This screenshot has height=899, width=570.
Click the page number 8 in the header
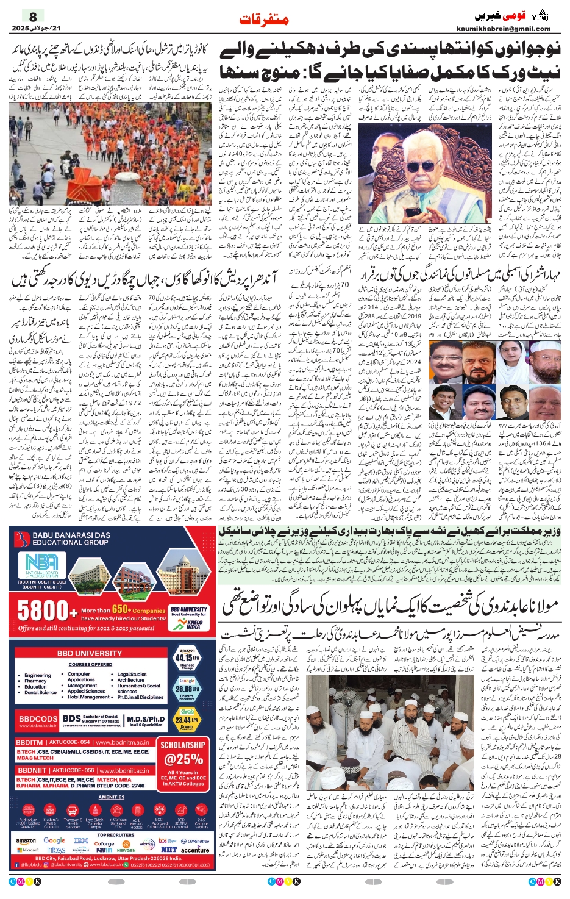33,16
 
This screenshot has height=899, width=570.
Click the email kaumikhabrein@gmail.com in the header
503,29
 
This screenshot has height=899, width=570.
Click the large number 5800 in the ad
43,611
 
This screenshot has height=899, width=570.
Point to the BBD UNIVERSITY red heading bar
90,653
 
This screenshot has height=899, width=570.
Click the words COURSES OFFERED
90,665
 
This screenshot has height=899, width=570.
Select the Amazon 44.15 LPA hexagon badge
187,659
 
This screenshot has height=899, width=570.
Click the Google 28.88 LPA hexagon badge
187,689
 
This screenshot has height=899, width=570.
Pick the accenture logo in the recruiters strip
195,850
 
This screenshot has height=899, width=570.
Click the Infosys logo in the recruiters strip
56,850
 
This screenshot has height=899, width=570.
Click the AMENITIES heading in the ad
112,797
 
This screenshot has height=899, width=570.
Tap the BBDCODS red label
38,719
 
